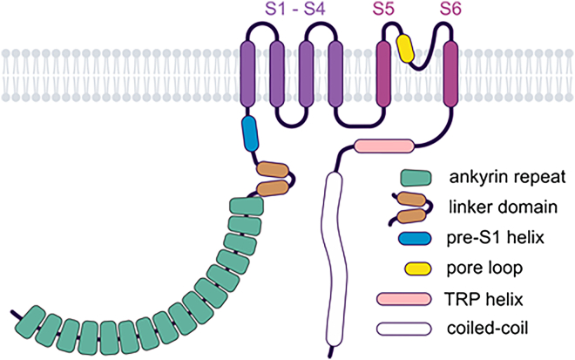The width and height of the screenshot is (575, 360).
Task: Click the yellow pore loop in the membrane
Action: (x=405, y=47)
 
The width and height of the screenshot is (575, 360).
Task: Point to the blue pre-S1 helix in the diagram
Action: (x=250, y=131)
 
